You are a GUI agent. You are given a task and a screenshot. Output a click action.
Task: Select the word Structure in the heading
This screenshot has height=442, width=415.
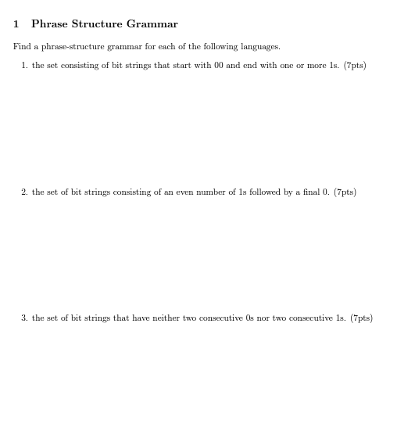point(97,24)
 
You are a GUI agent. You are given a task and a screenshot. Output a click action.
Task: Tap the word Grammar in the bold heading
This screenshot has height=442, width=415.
point(152,24)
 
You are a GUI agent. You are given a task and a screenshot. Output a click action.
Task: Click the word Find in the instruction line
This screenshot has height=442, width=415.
point(21,47)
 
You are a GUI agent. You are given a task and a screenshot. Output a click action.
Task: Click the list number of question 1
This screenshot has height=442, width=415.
point(24,66)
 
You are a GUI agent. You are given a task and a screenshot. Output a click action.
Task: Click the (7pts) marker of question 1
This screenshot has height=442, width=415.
point(355,66)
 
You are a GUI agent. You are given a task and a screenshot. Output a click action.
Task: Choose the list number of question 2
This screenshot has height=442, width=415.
point(24,192)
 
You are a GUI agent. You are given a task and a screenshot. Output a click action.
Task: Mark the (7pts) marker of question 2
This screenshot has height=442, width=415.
point(345,192)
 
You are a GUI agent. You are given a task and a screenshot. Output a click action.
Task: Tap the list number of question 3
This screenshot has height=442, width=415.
point(24,318)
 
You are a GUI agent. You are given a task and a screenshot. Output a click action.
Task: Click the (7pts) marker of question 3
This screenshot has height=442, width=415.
point(361,318)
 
